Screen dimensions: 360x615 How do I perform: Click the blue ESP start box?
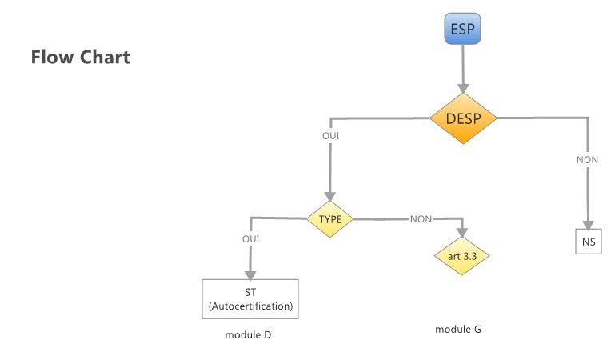point(463,30)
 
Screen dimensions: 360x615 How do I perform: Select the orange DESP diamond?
point(463,118)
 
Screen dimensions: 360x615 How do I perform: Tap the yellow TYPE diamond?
point(330,218)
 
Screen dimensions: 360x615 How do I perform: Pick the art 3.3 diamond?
point(461,257)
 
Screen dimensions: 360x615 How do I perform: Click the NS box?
point(588,242)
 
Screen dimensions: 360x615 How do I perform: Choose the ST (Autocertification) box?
point(250,298)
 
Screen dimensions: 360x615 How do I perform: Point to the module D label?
point(248,334)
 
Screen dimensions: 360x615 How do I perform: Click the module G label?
point(458,329)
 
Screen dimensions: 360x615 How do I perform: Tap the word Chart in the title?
point(104,58)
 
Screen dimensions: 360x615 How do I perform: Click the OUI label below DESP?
point(330,137)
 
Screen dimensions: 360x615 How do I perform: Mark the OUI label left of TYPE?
point(250,239)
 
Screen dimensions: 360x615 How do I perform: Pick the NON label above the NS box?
point(588,160)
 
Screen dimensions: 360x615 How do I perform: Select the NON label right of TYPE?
point(421,218)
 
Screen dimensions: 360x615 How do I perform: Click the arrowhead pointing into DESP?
point(463,90)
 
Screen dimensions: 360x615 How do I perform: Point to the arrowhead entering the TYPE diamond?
point(330,199)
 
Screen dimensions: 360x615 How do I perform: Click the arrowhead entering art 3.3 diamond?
point(461,234)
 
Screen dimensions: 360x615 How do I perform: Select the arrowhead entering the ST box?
point(250,273)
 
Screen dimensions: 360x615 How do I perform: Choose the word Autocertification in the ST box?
point(250,306)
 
